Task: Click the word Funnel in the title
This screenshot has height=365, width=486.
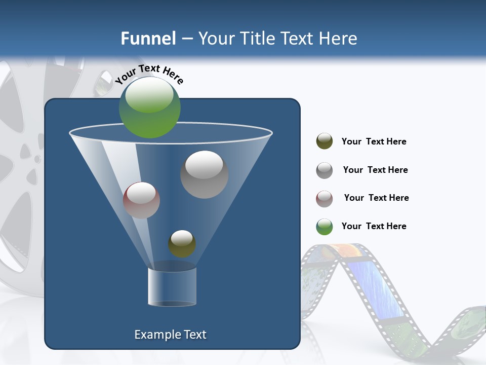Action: pyautogui.click(x=148, y=39)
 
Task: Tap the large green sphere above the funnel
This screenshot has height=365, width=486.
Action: pyautogui.click(x=150, y=107)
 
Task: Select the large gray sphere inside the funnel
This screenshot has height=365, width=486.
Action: pyautogui.click(x=204, y=174)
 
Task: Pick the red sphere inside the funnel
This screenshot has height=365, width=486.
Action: pyautogui.click(x=141, y=200)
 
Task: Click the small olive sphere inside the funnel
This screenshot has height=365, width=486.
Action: pyautogui.click(x=182, y=244)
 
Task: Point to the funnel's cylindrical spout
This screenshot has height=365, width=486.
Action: pyautogui.click(x=172, y=286)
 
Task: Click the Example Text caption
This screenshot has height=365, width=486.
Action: pyautogui.click(x=170, y=335)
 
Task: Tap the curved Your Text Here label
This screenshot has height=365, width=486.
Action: pyautogui.click(x=149, y=75)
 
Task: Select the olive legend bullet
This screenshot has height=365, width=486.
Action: pyautogui.click(x=325, y=141)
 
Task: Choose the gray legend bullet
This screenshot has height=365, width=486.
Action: pyautogui.click(x=325, y=170)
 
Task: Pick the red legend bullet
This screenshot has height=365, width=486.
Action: pyautogui.click(x=325, y=199)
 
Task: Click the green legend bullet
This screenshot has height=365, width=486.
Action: pyautogui.click(x=325, y=227)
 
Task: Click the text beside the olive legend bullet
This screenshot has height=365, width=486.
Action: pyautogui.click(x=374, y=142)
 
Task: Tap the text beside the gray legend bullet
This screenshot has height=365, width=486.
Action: pyautogui.click(x=375, y=170)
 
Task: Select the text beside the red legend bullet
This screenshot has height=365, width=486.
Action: pyautogui.click(x=376, y=198)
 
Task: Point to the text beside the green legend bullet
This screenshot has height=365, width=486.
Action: pyautogui.click(x=374, y=226)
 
